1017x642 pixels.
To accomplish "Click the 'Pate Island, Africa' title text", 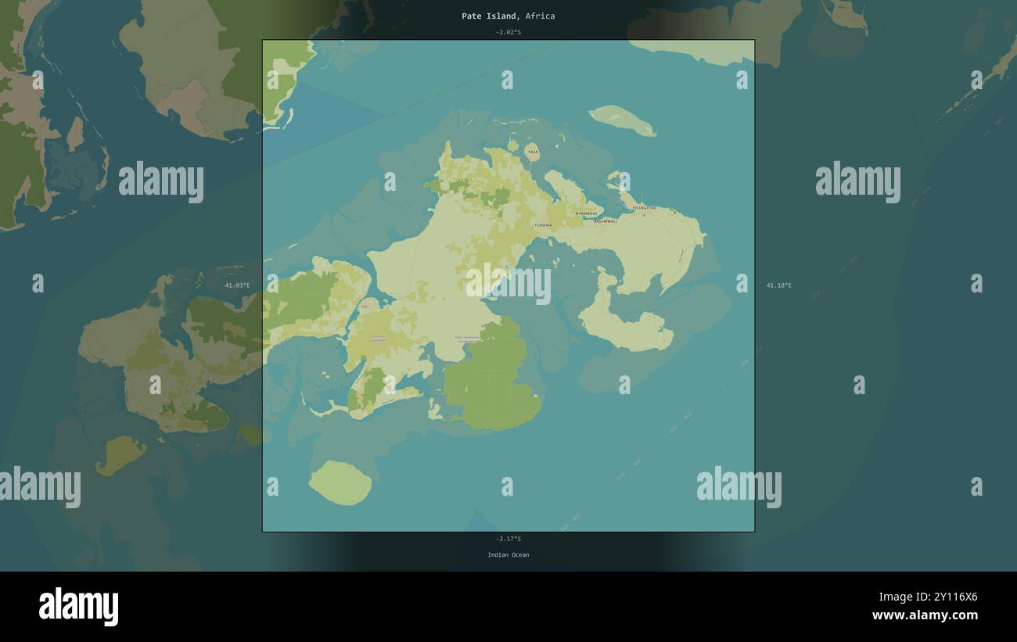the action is pyautogui.click(x=508, y=16).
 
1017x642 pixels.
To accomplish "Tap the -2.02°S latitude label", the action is pyautogui.click(x=508, y=32).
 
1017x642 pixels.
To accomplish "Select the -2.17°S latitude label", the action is pyautogui.click(x=508, y=539).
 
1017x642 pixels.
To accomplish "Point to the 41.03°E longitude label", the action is pyautogui.click(x=238, y=285).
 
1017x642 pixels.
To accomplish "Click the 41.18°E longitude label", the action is pyautogui.click(x=778, y=285).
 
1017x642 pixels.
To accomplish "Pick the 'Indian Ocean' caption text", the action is pyautogui.click(x=508, y=555).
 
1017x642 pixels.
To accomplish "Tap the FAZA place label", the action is pyautogui.click(x=532, y=152).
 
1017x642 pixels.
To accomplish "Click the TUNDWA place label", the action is pyautogui.click(x=543, y=225).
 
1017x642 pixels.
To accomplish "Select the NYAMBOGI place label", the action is pyautogui.click(x=586, y=213).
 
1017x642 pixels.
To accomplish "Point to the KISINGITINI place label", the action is pyautogui.click(x=644, y=208).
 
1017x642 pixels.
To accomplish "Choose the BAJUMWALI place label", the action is pyautogui.click(x=606, y=221).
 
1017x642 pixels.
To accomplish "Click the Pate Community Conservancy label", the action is pyautogui.click(x=468, y=339).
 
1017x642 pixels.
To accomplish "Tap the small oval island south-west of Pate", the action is pyautogui.click(x=340, y=482).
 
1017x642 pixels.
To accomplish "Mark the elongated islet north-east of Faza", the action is pyautogui.click(x=622, y=120).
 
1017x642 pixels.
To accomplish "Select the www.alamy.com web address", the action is pyautogui.click(x=925, y=615).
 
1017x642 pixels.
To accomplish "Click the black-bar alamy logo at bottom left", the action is pyautogui.click(x=78, y=607).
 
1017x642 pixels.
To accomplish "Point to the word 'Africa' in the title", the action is pyautogui.click(x=540, y=16).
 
